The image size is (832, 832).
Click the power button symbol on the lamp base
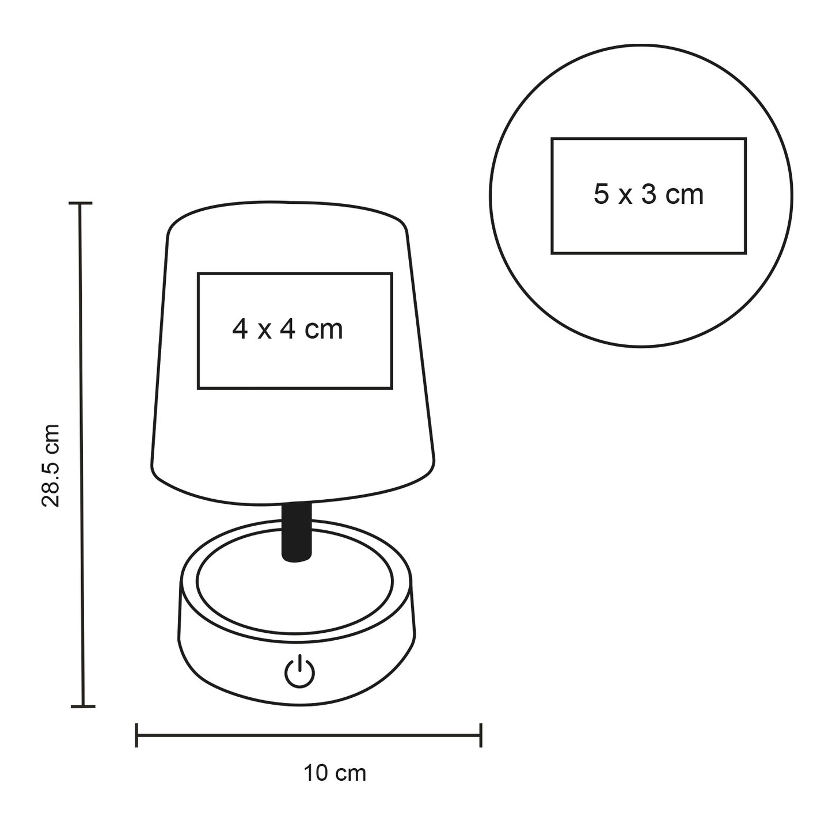pyautogui.click(x=299, y=672)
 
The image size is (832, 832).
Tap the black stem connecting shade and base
pyautogui.click(x=296, y=532)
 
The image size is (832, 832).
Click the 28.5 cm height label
pyautogui.click(x=51, y=465)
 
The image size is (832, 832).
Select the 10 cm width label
pyautogui.click(x=335, y=773)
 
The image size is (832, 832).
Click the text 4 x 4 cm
pyautogui.click(x=287, y=330)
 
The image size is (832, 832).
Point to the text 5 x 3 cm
pyautogui.click(x=648, y=194)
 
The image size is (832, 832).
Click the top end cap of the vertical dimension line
pyautogui.click(x=81, y=203)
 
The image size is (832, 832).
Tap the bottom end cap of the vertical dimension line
pyautogui.click(x=83, y=707)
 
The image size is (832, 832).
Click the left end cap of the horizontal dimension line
pyautogui.click(x=136, y=735)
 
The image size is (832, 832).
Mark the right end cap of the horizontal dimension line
pyautogui.click(x=481, y=735)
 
